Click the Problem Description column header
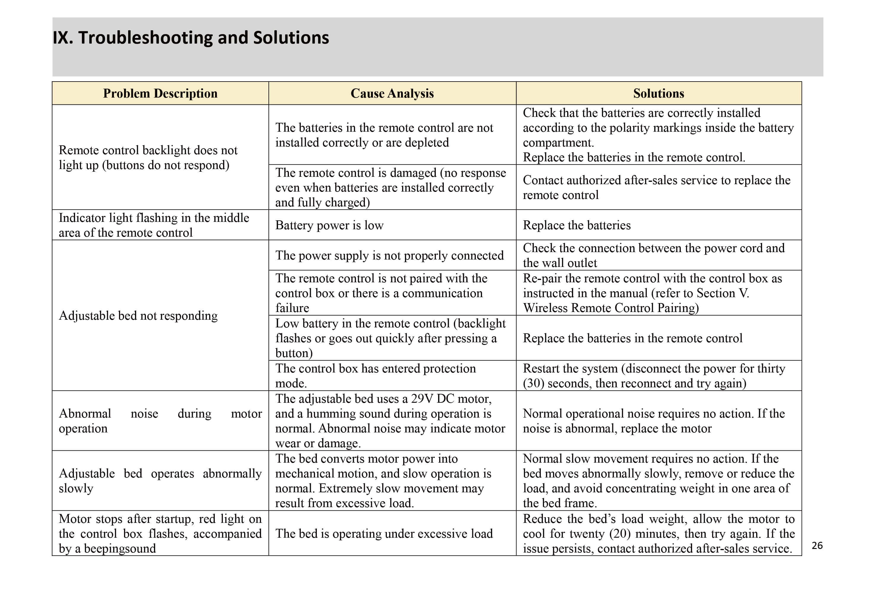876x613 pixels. point(160,93)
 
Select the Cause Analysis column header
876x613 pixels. point(392,93)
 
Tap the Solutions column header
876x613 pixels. point(659,93)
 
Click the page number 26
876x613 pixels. point(817,545)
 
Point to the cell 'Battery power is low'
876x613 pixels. point(329,225)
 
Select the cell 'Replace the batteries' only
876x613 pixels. point(576,225)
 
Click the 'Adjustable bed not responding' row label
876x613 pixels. point(138,316)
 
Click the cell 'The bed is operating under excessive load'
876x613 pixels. point(384,533)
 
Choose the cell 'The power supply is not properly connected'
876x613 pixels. point(389,255)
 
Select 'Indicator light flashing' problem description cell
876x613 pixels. point(154,225)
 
